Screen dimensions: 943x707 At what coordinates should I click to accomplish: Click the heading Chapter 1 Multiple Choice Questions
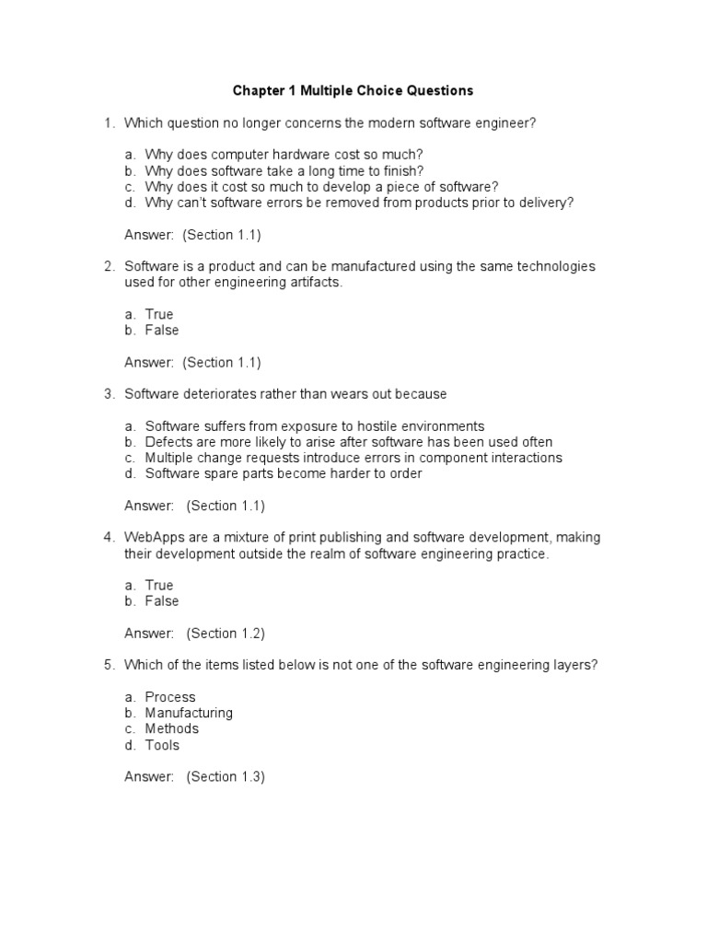(x=353, y=90)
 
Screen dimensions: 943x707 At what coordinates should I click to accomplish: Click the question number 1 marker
(x=109, y=122)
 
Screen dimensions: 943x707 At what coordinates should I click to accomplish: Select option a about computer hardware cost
(x=284, y=155)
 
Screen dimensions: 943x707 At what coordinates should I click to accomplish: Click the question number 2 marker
(x=109, y=266)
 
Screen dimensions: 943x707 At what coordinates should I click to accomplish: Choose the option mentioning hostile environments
(x=314, y=425)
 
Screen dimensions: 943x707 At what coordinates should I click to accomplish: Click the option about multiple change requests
(x=353, y=458)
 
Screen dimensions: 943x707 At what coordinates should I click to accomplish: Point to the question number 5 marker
(x=109, y=665)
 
